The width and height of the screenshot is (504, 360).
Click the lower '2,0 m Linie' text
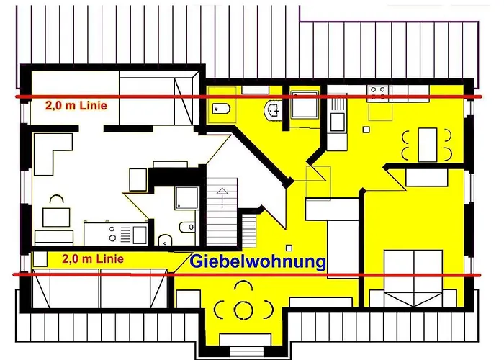92,258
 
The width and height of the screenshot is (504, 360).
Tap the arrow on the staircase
222,195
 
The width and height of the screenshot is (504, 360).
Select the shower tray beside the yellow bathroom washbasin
305,109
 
